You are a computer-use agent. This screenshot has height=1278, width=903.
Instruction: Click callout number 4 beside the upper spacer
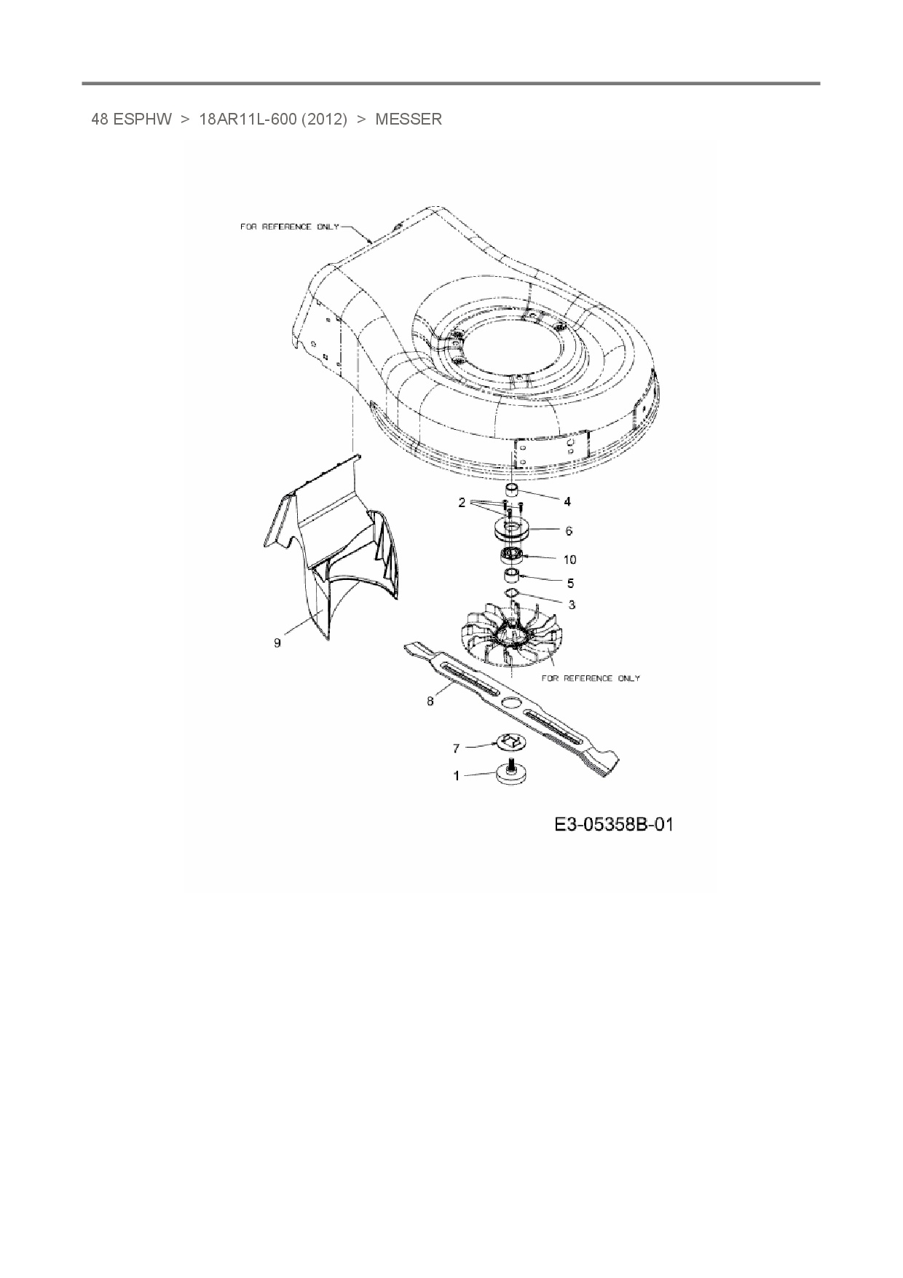tap(567, 501)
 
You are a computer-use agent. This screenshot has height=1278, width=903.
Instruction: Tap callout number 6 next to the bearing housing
tap(569, 532)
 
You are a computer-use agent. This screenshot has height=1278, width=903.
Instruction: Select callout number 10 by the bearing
tap(569, 560)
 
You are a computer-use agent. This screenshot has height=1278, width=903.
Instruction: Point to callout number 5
tap(570, 583)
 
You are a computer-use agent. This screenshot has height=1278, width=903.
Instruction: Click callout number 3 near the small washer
tap(572, 605)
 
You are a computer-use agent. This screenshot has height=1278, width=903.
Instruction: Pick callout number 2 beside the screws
tap(462, 503)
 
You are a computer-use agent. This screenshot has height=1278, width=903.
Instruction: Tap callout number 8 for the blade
tap(430, 701)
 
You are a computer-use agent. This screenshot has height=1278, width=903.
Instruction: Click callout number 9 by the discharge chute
tap(277, 643)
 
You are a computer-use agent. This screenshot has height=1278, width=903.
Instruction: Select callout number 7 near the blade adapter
tap(457, 748)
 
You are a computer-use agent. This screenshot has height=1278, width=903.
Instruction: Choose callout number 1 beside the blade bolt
tap(457, 776)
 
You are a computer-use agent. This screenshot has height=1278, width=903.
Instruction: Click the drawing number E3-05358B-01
tap(613, 825)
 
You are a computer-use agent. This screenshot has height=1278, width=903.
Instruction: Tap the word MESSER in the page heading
tap(408, 119)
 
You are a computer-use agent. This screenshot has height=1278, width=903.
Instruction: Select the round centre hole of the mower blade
tap(512, 701)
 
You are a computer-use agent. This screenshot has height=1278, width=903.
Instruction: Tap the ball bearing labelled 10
tap(513, 557)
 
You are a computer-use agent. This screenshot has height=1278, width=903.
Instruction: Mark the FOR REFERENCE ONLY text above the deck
tap(290, 227)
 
